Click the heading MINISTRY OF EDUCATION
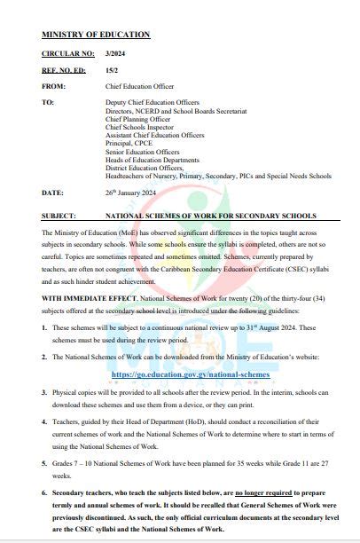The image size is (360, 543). (x=96, y=35)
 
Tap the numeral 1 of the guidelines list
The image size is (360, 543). (x=44, y=328)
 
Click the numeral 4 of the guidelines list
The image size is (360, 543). (x=44, y=424)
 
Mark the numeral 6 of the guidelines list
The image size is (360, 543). (x=44, y=491)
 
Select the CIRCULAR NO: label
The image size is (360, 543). (x=65, y=54)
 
